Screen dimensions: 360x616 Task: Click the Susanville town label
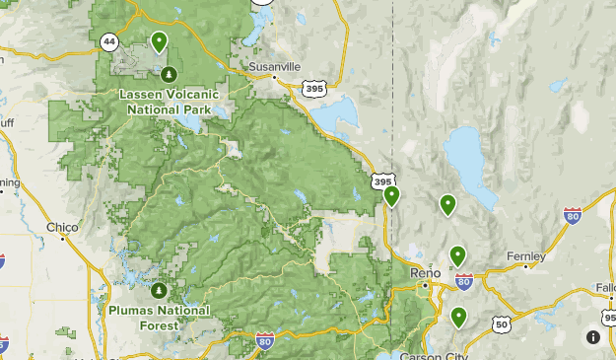coord(273,67)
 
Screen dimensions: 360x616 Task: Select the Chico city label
coord(61,227)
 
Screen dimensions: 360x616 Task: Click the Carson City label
coord(432,355)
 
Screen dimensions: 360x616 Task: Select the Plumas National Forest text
coord(160,317)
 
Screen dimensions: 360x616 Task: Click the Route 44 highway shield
coord(107,40)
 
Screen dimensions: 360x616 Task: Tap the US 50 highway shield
coord(502,324)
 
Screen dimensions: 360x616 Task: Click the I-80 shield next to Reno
coord(465,282)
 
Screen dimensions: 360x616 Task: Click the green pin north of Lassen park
coord(159,41)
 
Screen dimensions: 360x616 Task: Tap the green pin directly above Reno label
coord(457,255)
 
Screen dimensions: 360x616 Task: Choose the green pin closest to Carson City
coord(459,317)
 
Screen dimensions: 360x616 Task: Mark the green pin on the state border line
coord(392,195)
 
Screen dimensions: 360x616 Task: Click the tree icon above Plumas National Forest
coord(159,292)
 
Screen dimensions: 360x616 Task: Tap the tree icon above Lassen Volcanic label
coord(170,74)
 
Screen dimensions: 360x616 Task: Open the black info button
coord(593,336)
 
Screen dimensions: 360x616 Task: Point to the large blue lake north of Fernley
coord(465,158)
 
